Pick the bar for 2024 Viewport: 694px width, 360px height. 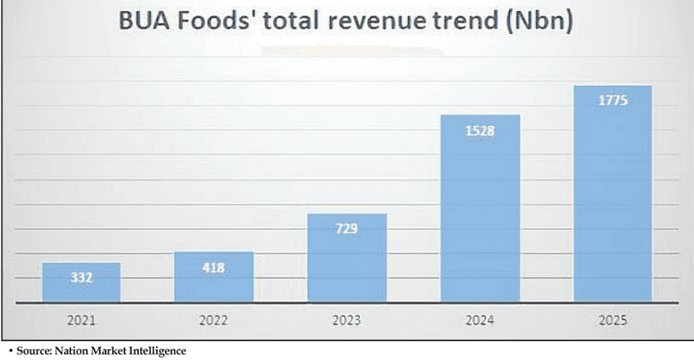tap(480, 208)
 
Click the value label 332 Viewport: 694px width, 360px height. tap(81, 278)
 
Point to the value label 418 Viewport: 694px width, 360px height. tap(213, 267)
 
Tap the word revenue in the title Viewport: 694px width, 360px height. tap(387, 23)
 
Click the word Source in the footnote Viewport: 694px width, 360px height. tap(29, 351)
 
